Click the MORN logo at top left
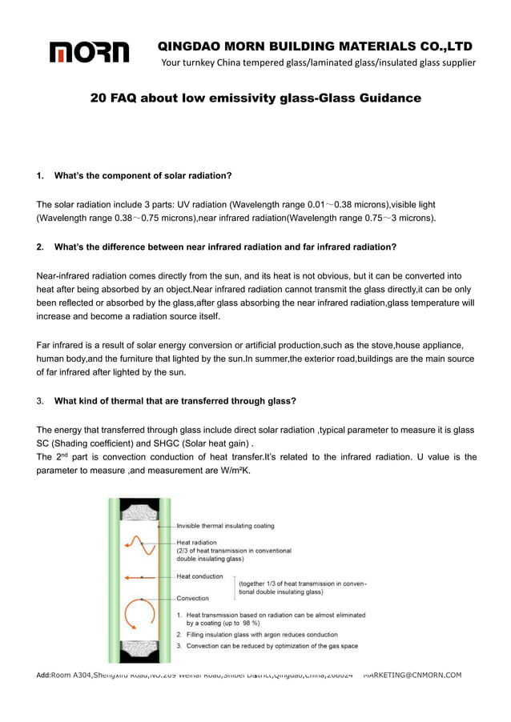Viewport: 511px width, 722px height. [89, 53]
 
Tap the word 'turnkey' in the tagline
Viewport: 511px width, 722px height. [206, 62]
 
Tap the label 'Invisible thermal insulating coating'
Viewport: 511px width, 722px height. [225, 526]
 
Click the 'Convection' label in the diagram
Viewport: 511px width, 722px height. [192, 598]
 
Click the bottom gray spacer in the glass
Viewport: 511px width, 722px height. [140, 649]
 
